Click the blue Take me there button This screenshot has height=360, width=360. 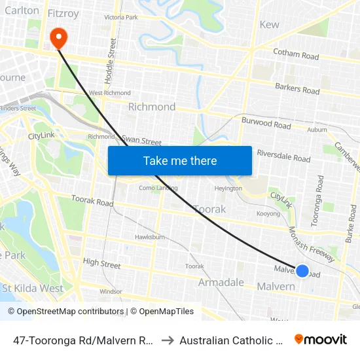[180, 160]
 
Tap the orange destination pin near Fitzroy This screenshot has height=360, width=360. [59, 37]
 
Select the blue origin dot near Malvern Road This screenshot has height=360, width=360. [302, 270]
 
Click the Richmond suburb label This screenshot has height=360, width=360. [152, 107]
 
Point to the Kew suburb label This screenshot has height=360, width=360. [270, 24]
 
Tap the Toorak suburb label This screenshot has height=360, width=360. [209, 209]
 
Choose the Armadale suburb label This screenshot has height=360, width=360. [221, 283]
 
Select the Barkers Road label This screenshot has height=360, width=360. [297, 87]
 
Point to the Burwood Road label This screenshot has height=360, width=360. [266, 123]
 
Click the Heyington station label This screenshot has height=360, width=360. [228, 189]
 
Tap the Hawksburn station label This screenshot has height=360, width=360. [149, 237]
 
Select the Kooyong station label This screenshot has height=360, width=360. [268, 214]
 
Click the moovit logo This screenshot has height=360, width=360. [321, 340]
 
